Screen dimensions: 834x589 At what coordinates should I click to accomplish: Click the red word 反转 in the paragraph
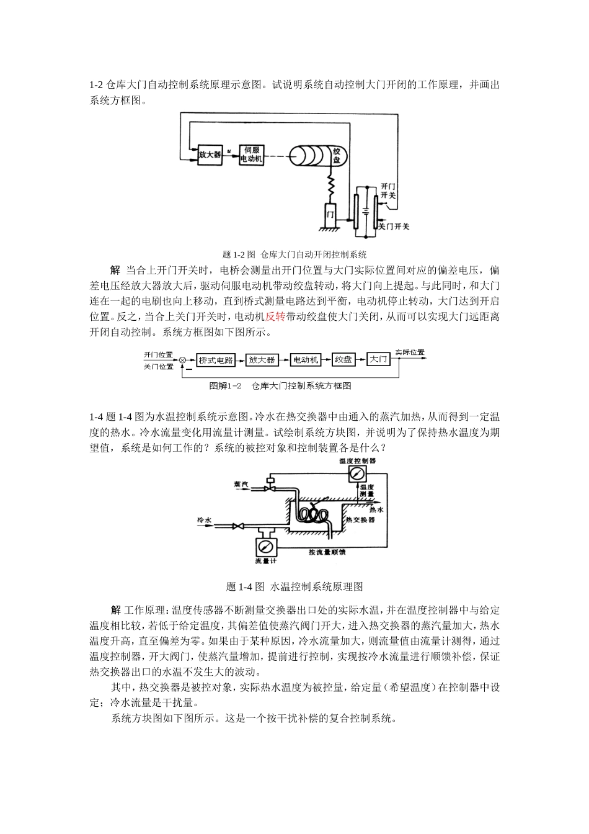click(275, 316)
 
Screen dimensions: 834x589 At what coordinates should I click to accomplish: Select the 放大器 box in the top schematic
click(210, 155)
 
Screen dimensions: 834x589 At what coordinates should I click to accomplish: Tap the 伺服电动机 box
click(252, 155)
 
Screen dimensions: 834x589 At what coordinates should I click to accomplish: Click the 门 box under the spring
click(330, 214)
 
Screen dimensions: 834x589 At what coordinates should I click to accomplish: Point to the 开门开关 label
click(388, 190)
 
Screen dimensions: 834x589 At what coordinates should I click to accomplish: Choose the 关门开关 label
click(394, 226)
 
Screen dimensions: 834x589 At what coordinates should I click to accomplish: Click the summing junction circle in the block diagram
click(183, 360)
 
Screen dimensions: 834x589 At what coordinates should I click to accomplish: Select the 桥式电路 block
click(216, 360)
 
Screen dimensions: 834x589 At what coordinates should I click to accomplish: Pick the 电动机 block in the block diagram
click(305, 360)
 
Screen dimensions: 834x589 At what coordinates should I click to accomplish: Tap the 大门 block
click(378, 359)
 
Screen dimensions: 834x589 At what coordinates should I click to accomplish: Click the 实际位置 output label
click(410, 352)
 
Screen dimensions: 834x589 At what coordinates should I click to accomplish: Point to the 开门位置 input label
click(158, 354)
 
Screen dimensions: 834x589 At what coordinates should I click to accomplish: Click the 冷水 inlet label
click(204, 519)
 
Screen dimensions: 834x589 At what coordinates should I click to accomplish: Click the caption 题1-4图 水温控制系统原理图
click(294, 586)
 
